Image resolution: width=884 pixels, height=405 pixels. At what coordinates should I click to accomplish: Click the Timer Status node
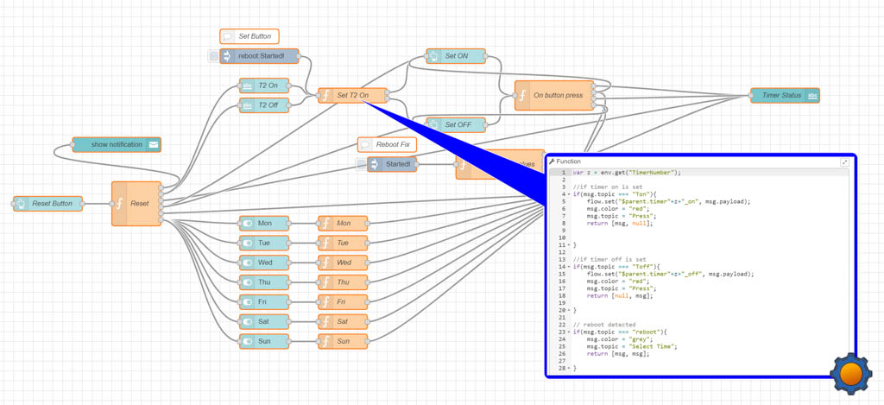pyautogui.click(x=784, y=96)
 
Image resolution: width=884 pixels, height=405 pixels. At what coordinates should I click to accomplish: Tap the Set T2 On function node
pyautogui.click(x=352, y=95)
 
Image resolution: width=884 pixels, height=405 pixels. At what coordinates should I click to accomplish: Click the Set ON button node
pyautogui.click(x=456, y=56)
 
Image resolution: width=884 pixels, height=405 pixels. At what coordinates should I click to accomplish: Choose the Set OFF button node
pyautogui.click(x=456, y=124)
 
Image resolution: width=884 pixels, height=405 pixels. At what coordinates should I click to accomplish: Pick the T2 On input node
pyautogui.click(x=264, y=85)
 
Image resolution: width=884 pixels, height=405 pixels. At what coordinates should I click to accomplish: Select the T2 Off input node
pyautogui.click(x=264, y=105)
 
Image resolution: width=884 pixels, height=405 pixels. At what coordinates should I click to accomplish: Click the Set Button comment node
pyautogui.click(x=249, y=36)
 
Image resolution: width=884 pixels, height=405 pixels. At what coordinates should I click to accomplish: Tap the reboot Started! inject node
pyautogui.click(x=258, y=56)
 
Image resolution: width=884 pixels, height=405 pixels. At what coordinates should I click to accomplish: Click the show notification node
pyautogui.click(x=117, y=144)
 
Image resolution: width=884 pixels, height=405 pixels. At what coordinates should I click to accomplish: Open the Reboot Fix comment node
pyautogui.click(x=387, y=144)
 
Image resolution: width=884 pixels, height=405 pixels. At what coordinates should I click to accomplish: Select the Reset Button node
pyautogui.click(x=48, y=204)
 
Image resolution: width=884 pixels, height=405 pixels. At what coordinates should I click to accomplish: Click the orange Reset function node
pyautogui.click(x=136, y=204)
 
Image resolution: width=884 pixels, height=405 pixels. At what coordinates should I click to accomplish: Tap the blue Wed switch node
pyautogui.click(x=264, y=263)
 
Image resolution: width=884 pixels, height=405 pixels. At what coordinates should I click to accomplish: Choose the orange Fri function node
pyautogui.click(x=343, y=302)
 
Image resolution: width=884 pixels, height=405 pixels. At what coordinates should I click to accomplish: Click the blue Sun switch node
pyautogui.click(x=264, y=341)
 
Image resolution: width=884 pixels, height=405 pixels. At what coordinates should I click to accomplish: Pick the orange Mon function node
pyautogui.click(x=343, y=223)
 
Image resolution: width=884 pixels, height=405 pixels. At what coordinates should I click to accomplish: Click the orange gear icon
pyautogui.click(x=850, y=374)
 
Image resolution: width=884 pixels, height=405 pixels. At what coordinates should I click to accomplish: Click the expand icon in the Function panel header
pyautogui.click(x=844, y=162)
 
